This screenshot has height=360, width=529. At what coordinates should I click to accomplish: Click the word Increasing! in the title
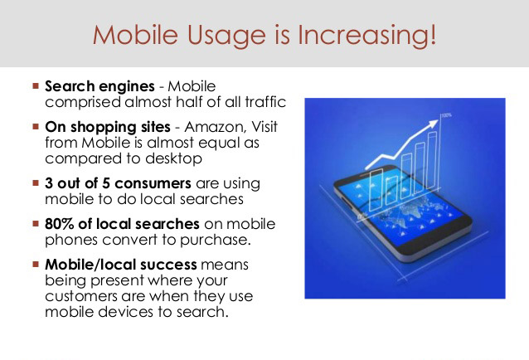click(x=366, y=36)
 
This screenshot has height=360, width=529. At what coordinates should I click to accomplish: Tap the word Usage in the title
click(x=226, y=36)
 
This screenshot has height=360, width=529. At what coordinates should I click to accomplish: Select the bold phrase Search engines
click(x=99, y=87)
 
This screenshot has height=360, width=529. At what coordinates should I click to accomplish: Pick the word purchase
click(x=216, y=241)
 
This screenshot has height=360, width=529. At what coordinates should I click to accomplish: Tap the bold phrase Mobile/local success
click(x=121, y=265)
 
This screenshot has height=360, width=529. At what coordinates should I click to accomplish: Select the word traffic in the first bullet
click(x=265, y=102)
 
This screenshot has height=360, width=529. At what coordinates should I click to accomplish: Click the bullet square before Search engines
click(x=36, y=85)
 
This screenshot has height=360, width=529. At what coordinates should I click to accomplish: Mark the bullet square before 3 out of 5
click(x=36, y=182)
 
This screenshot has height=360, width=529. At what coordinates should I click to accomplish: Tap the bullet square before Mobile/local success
click(x=36, y=264)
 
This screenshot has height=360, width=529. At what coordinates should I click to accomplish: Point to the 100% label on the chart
click(x=446, y=115)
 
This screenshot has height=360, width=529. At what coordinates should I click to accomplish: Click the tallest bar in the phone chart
click(x=432, y=161)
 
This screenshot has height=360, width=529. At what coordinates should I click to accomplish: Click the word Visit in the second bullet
click(x=264, y=127)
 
